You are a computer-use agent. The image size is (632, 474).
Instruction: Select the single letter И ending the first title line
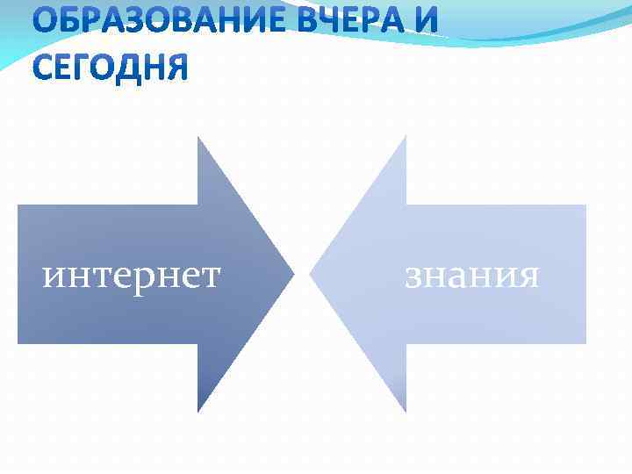click(x=422, y=22)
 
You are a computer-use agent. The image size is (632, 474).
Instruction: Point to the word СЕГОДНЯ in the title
click(x=111, y=66)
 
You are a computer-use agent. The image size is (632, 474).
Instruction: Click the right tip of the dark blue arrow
click(x=293, y=274)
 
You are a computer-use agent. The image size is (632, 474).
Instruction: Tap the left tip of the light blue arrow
click(x=311, y=274)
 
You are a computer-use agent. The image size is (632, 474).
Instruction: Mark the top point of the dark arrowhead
click(x=198, y=138)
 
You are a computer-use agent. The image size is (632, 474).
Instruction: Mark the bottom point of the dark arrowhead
click(x=198, y=411)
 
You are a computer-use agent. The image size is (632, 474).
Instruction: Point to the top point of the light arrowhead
click(x=406, y=136)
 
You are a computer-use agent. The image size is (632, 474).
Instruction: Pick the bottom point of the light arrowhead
click(x=406, y=411)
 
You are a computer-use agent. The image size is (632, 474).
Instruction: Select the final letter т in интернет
click(x=210, y=276)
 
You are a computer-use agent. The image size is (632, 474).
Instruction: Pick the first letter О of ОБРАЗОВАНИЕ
click(x=46, y=22)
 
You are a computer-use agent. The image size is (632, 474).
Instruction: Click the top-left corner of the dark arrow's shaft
click(x=18, y=205)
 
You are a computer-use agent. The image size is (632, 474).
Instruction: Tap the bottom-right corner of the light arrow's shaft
click(x=585, y=342)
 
